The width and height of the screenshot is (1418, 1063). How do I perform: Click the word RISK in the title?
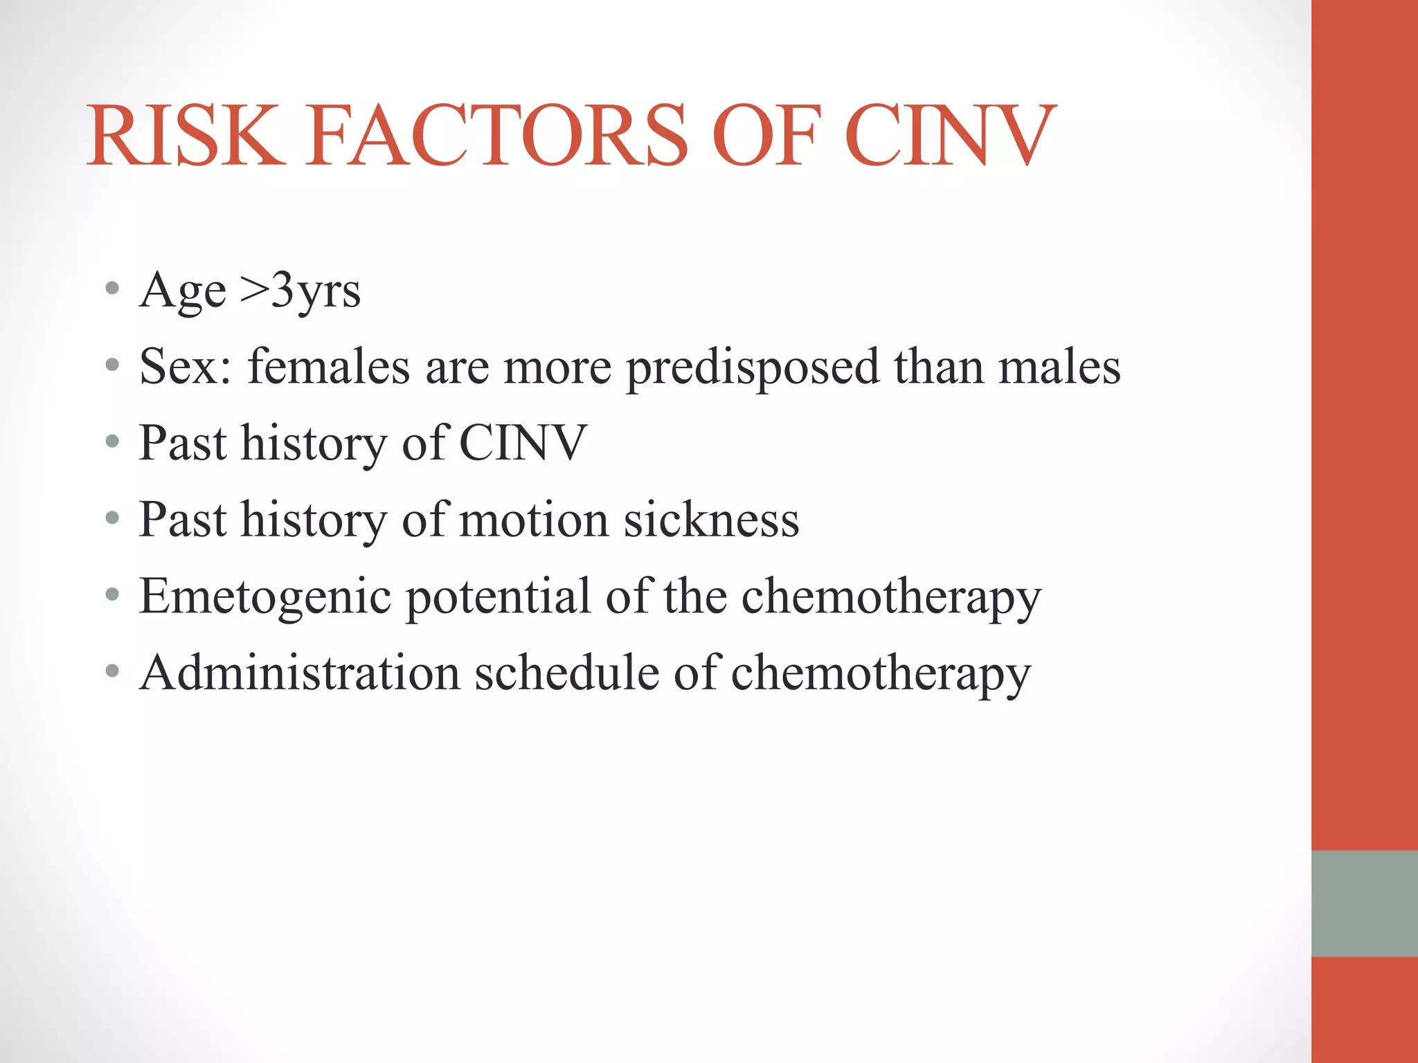(186, 136)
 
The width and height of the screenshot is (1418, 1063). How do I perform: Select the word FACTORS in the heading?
(498, 136)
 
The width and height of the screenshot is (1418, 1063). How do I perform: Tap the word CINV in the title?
(950, 136)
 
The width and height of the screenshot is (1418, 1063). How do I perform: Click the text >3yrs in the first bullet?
(300, 291)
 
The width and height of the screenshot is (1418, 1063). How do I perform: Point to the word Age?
(182, 291)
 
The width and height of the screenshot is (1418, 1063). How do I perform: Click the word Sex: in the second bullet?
(186, 367)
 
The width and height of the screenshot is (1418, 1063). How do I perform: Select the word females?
(329, 367)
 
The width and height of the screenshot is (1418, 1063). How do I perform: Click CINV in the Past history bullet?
(523, 443)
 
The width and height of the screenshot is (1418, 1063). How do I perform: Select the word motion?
(533, 520)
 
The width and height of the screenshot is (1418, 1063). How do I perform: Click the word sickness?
(712, 520)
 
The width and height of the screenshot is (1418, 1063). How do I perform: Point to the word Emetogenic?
(265, 597)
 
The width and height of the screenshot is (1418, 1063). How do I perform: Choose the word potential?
(498, 597)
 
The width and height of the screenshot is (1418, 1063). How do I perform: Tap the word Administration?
(299, 673)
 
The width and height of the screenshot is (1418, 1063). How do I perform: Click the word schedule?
(566, 673)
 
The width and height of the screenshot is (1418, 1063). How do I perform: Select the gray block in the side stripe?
(1364, 903)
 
